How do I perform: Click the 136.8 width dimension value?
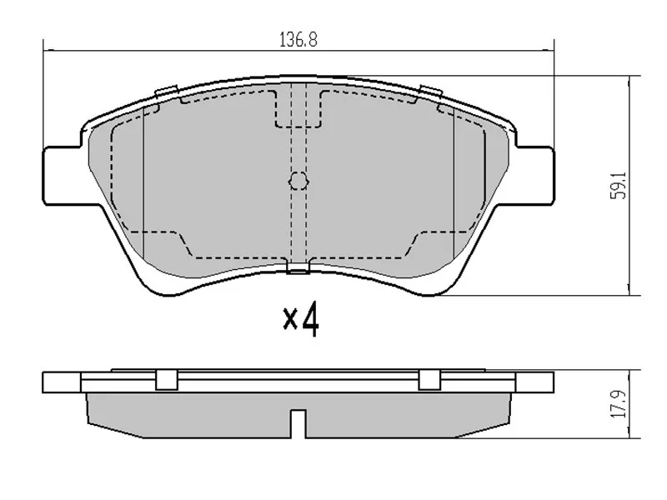(x=298, y=39)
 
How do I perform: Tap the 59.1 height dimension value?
(x=619, y=185)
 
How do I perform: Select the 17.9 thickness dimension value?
(x=619, y=404)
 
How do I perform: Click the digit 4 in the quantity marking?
(x=310, y=319)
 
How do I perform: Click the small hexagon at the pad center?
(x=298, y=181)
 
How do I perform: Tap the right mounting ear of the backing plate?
(x=534, y=176)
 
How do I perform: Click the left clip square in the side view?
(x=166, y=379)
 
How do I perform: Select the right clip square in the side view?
(x=429, y=379)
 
